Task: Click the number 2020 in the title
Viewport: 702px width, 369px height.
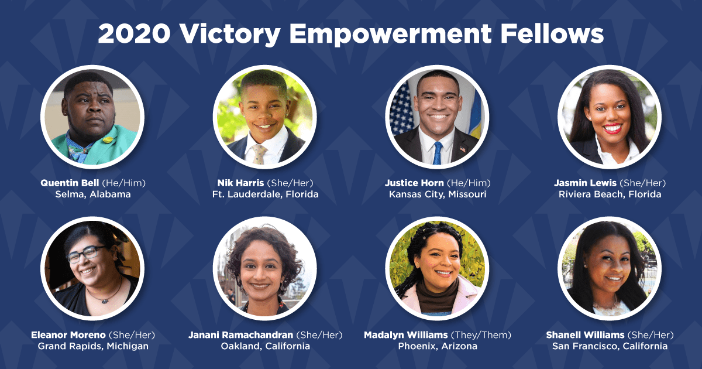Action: (135, 33)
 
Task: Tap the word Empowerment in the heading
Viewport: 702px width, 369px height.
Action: (390, 34)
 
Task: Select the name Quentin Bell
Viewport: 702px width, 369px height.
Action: (70, 183)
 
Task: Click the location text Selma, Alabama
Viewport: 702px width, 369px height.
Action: (93, 194)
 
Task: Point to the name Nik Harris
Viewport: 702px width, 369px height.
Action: (240, 183)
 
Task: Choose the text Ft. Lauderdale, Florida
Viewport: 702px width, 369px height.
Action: (266, 194)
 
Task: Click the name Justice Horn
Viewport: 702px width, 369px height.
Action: (414, 183)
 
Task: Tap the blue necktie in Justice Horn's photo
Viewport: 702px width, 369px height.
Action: (438, 153)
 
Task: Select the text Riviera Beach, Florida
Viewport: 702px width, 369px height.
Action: (610, 194)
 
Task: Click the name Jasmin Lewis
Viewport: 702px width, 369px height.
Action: (585, 183)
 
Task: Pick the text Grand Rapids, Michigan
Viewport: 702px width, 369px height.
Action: (93, 346)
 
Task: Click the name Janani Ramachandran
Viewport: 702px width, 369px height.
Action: (240, 335)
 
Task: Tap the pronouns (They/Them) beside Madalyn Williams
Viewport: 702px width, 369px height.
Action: (481, 335)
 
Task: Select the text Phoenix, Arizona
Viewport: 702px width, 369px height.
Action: (438, 346)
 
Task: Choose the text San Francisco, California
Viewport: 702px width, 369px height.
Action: (610, 346)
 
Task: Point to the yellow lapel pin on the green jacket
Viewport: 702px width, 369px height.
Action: (108, 139)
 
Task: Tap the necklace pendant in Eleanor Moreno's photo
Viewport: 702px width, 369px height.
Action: (104, 302)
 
